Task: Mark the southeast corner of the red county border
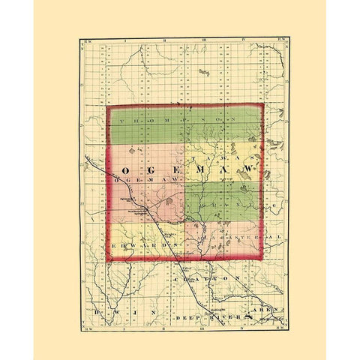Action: pyautogui.click(x=263, y=259)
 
